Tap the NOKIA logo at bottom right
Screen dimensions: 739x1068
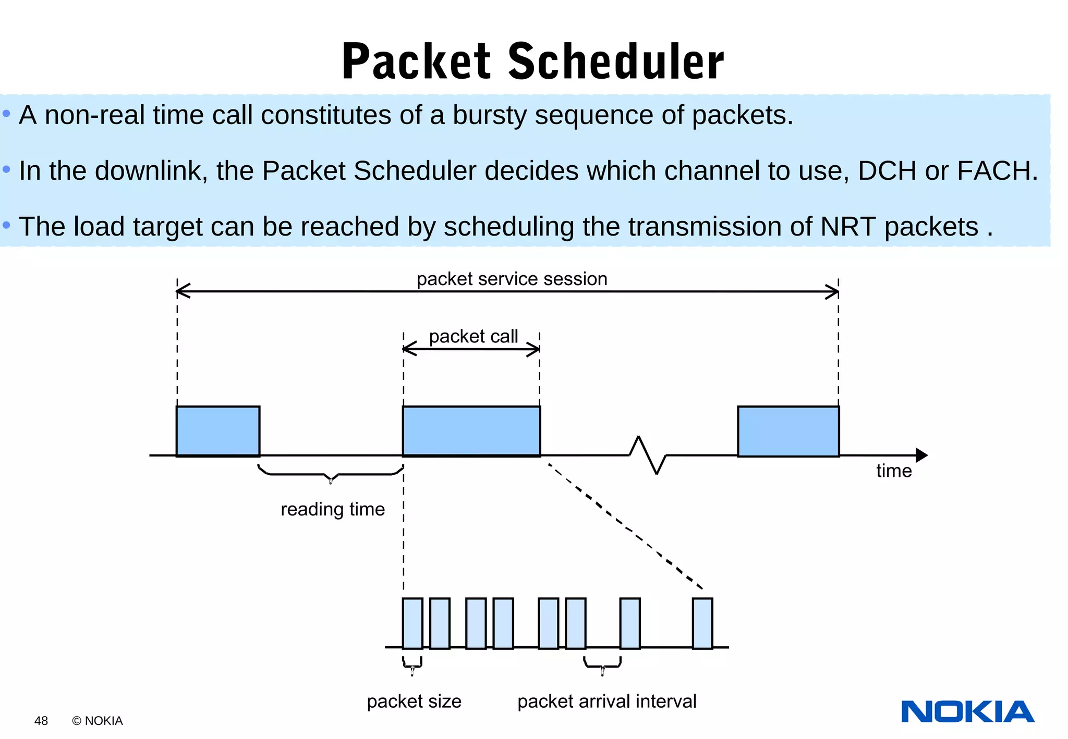pyautogui.click(x=967, y=712)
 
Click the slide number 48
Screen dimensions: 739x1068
pyautogui.click(x=41, y=721)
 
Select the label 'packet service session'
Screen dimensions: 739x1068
pyautogui.click(x=512, y=279)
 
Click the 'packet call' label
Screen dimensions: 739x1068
pyautogui.click(x=473, y=336)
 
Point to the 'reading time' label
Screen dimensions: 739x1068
pyautogui.click(x=332, y=509)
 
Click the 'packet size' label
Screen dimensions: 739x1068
pyautogui.click(x=414, y=701)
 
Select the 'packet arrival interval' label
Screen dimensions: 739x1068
pyautogui.click(x=606, y=701)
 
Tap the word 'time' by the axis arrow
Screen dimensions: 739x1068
pyautogui.click(x=893, y=471)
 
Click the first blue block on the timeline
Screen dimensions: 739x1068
pyautogui.click(x=218, y=431)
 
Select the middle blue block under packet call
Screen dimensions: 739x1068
pyautogui.click(x=471, y=431)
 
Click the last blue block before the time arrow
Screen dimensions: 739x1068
pyautogui.click(x=788, y=431)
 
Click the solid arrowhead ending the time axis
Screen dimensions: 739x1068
pyautogui.click(x=921, y=455)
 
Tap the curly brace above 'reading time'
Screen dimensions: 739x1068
pyautogui.click(x=331, y=475)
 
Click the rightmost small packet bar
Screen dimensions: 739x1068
pyautogui.click(x=702, y=623)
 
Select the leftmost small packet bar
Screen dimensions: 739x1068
pyautogui.click(x=412, y=623)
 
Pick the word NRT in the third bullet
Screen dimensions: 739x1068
pyautogui.click(x=848, y=227)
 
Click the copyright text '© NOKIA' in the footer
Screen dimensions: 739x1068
pyautogui.click(x=98, y=721)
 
